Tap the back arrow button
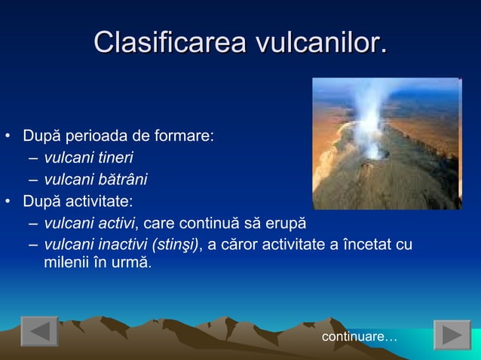(39, 332)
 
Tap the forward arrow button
(452, 334)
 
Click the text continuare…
(360, 336)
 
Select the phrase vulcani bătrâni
(96, 179)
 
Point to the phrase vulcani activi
(90, 223)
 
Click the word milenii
(65, 264)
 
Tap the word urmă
(133, 264)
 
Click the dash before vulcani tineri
(33, 158)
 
